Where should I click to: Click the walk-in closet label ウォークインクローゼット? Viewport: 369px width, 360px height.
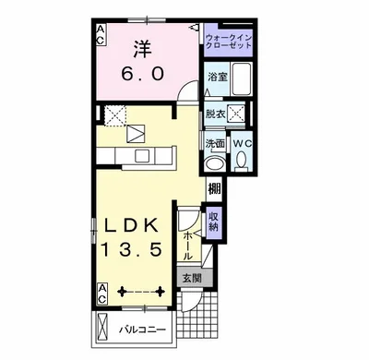point(229,42)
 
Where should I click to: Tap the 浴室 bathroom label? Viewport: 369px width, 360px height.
point(218,77)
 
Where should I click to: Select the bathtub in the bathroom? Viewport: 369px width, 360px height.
point(242,78)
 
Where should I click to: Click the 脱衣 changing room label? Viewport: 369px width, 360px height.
point(216,114)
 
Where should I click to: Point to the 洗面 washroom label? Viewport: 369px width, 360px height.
point(215,143)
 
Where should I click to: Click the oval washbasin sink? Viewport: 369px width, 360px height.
point(215,163)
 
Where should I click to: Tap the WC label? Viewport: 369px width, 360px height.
point(243,143)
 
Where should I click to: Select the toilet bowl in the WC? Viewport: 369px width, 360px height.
point(242,160)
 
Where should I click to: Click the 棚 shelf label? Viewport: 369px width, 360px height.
point(214,188)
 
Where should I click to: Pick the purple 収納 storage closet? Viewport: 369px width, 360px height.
point(214,222)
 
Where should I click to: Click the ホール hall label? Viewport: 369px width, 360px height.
point(188,246)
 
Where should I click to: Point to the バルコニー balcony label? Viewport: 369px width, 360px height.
point(142,330)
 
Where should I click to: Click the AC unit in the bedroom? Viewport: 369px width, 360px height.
point(101,35)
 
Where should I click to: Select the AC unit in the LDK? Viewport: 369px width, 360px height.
point(102,294)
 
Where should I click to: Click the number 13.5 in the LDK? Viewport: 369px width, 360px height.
point(131,249)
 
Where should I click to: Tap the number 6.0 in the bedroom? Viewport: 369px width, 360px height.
point(142,74)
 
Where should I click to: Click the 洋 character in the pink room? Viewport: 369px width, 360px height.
point(142,49)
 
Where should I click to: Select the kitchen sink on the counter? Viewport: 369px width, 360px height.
point(142,156)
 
